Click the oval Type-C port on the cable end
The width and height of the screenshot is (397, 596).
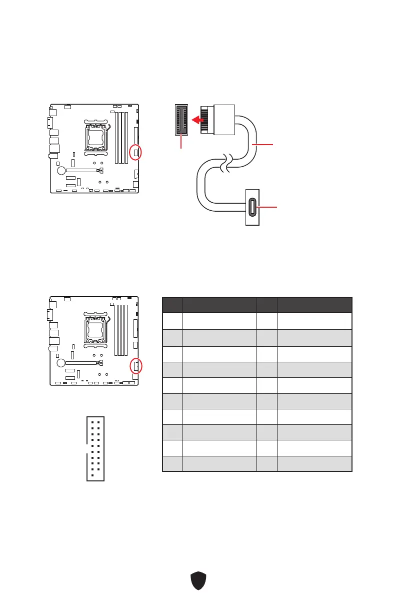(x=252, y=207)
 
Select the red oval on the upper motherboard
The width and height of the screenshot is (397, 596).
(x=135, y=152)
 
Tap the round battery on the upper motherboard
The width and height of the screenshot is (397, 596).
(x=61, y=170)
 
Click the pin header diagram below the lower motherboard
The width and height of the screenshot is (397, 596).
(x=95, y=448)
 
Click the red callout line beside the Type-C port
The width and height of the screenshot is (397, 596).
(x=268, y=207)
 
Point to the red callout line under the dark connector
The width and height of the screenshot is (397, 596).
(x=181, y=142)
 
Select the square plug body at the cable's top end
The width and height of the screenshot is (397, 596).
(x=224, y=119)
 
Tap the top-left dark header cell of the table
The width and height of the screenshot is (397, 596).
(x=172, y=305)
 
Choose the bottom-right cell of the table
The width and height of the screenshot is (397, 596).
(x=314, y=463)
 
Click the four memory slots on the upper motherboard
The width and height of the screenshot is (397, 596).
(x=121, y=138)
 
